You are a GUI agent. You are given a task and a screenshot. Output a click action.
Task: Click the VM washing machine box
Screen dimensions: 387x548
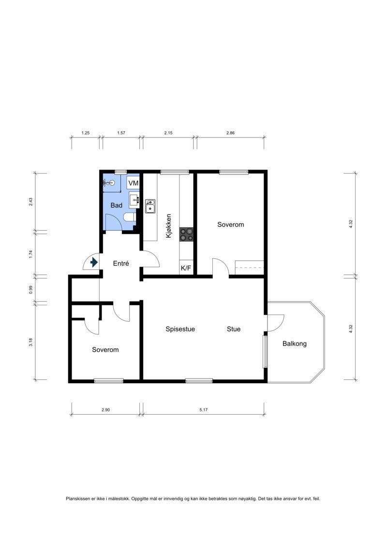133,183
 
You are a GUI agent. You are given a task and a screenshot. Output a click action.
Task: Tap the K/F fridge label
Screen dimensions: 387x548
186,268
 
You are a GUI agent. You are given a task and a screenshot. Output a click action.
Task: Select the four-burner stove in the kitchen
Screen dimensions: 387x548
186,234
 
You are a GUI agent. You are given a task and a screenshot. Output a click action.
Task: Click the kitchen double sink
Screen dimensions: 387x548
150,206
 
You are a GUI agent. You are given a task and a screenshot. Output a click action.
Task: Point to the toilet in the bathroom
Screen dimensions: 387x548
130,218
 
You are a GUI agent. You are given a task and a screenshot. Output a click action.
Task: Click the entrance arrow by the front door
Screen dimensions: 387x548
93,262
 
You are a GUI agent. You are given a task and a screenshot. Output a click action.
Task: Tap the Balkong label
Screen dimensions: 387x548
295,344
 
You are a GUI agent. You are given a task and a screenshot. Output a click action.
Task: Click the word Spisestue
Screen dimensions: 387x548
180,329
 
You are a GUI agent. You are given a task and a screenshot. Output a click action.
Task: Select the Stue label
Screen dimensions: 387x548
234,329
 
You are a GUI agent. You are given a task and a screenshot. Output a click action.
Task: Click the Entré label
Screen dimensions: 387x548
121,264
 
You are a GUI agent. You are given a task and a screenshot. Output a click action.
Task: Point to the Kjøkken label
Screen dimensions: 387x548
169,226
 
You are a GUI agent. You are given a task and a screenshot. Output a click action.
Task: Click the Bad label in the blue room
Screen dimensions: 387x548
116,205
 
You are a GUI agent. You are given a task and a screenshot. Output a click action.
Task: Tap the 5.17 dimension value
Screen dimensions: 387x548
204,409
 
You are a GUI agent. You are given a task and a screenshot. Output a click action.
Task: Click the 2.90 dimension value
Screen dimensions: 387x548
106,409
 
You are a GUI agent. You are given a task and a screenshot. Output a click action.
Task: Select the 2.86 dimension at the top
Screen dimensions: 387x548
230,133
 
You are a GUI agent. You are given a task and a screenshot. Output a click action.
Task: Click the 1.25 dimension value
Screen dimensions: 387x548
86,133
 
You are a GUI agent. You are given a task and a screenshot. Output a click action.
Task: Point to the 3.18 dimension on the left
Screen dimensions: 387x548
30,342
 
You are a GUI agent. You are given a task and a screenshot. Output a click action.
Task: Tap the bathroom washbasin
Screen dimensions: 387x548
134,200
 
